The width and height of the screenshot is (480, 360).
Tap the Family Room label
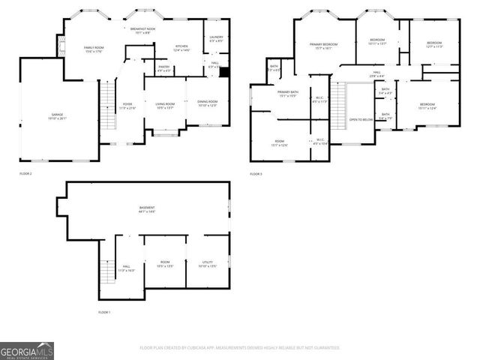(x=94, y=48)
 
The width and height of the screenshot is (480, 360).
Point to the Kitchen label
(x=181, y=48)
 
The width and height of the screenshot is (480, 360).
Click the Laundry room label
(x=216, y=37)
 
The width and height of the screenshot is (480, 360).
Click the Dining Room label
(x=207, y=103)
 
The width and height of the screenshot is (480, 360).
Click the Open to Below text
(x=361, y=119)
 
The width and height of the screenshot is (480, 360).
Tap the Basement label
(x=147, y=209)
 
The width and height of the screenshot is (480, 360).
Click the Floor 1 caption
(x=104, y=311)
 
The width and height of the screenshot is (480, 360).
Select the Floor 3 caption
(x=256, y=173)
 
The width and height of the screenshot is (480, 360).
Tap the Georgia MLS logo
(x=27, y=350)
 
